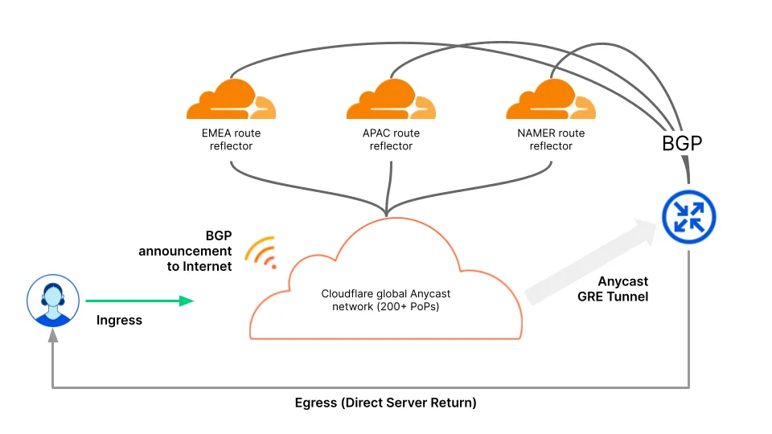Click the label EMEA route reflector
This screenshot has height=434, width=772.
(x=231, y=139)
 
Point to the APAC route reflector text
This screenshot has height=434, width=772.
(x=391, y=139)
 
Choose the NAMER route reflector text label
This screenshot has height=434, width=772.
(x=551, y=139)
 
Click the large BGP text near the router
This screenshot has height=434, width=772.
(x=682, y=144)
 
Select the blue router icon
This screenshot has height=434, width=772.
(x=688, y=216)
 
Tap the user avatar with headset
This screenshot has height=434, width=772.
(x=53, y=301)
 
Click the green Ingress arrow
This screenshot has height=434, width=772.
(x=137, y=301)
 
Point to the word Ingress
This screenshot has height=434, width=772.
(x=119, y=321)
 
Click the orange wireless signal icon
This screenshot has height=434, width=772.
(x=262, y=252)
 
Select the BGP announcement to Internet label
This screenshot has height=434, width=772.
(x=186, y=251)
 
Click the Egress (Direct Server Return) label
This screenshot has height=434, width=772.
(x=385, y=403)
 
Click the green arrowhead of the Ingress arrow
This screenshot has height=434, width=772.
(x=187, y=301)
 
